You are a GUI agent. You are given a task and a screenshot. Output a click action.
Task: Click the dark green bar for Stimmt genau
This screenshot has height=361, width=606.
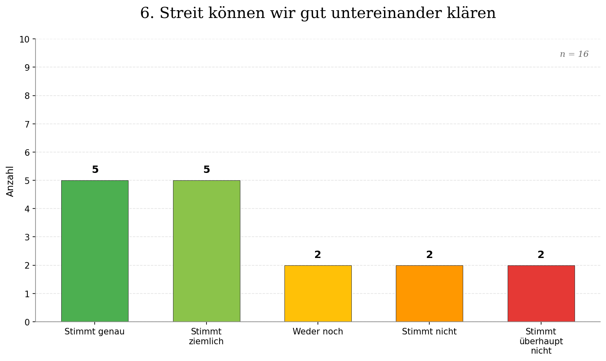point(95,251)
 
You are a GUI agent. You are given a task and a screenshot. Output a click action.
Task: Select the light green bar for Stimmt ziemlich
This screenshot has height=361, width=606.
point(206,251)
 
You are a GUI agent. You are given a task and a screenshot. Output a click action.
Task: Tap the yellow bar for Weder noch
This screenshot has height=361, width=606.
point(318,294)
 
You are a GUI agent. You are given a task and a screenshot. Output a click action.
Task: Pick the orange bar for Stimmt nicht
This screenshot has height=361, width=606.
point(429,294)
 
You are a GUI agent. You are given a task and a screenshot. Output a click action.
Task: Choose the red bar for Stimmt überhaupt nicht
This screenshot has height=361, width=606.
point(541,294)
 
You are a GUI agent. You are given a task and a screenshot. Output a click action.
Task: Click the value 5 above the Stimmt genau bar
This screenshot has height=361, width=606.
point(95,170)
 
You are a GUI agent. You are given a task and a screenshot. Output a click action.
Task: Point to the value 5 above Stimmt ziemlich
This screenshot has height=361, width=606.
point(206,170)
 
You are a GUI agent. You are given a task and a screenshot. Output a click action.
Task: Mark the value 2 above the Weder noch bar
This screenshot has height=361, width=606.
point(318,255)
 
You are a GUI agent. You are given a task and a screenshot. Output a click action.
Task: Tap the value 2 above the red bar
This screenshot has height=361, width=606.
point(541,255)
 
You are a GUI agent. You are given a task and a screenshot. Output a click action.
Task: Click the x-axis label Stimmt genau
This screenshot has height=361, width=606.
point(95,332)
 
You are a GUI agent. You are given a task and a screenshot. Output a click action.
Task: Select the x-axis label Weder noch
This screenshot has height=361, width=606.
point(318,332)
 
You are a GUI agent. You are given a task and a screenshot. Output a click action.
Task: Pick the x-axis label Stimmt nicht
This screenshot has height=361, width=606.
point(429,332)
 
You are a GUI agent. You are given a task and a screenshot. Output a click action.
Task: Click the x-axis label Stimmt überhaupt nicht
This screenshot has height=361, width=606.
point(541,341)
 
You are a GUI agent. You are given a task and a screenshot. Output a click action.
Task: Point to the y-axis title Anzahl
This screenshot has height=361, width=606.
point(10,181)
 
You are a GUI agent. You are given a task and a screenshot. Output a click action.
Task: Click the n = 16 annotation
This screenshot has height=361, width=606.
point(574,54)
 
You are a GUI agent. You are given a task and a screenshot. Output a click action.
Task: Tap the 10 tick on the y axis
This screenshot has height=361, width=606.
point(24,40)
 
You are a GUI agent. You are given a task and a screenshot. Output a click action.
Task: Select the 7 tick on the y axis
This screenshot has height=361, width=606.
point(27,124)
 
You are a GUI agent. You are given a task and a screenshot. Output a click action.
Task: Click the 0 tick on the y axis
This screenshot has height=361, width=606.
point(27,322)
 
